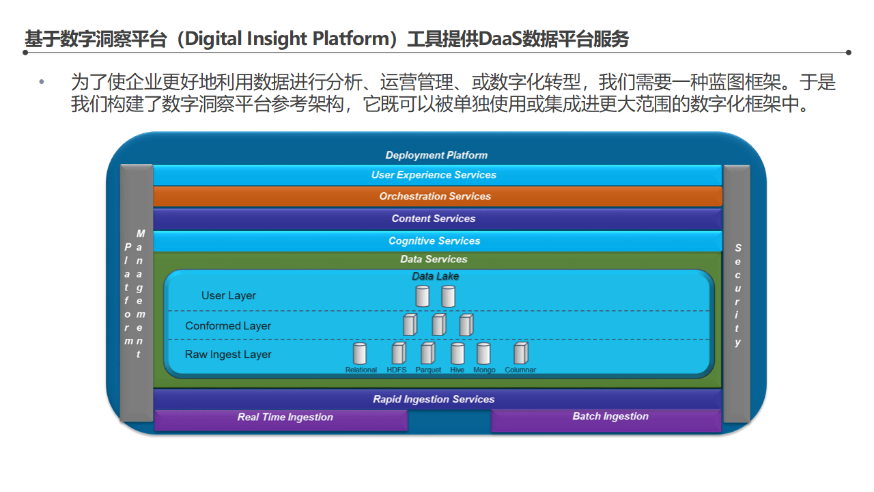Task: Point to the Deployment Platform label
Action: [x=436, y=155]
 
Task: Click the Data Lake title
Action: [x=436, y=276]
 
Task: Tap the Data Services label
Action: [x=434, y=260]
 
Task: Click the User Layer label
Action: [x=229, y=296]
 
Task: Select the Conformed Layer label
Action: [x=228, y=326]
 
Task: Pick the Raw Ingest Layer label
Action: [x=228, y=355]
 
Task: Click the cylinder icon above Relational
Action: [x=360, y=353]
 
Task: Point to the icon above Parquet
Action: [x=427, y=353]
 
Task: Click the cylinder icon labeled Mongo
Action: [x=483, y=353]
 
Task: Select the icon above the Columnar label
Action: [x=521, y=353]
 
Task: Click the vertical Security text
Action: [x=737, y=295]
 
